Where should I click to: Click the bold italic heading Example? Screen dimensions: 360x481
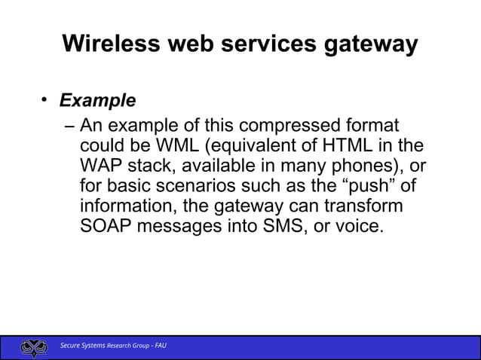click(x=97, y=100)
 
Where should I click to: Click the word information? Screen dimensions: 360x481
click(x=126, y=206)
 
